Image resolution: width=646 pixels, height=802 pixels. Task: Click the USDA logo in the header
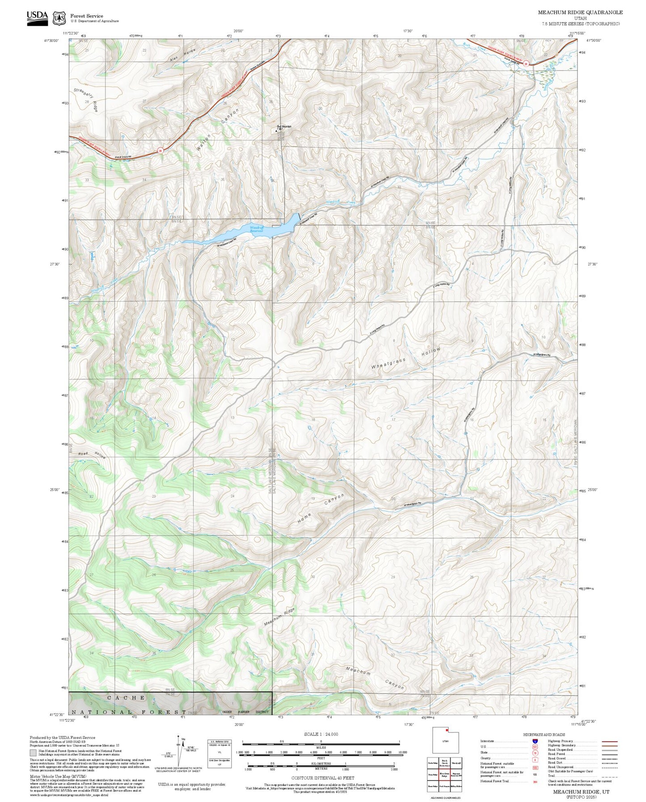37,18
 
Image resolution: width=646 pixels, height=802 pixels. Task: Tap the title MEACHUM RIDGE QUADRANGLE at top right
580,13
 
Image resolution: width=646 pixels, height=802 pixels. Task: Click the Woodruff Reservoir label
256,229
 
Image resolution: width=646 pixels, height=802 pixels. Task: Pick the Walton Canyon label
217,129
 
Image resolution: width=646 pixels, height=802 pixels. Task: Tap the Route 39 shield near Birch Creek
526,63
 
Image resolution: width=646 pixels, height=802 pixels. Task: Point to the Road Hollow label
92,455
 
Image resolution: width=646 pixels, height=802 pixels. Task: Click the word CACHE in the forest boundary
126,697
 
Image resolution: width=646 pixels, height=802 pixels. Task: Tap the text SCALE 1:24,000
321,734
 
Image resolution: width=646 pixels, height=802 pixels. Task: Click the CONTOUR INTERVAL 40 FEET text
322,778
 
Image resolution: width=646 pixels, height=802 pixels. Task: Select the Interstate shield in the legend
535,741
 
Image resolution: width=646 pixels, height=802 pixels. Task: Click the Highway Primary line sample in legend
609,741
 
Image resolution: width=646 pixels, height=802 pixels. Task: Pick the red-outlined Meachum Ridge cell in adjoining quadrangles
444,775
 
